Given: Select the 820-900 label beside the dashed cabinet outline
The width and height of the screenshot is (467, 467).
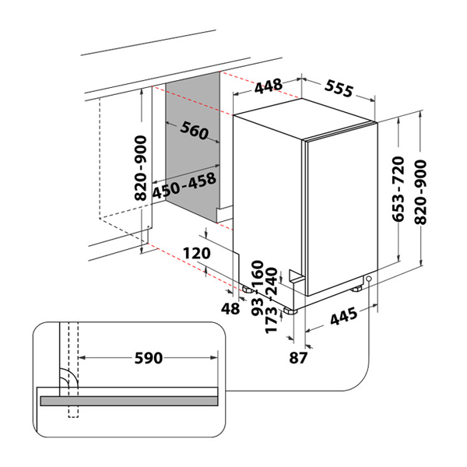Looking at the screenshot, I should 141,169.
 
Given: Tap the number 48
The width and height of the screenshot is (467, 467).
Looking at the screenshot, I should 230,309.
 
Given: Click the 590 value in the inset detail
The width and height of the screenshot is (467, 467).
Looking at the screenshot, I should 148,358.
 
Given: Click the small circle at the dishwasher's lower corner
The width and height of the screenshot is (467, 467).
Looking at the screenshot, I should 367,282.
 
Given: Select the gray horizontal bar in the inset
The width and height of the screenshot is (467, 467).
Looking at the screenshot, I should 128,400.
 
